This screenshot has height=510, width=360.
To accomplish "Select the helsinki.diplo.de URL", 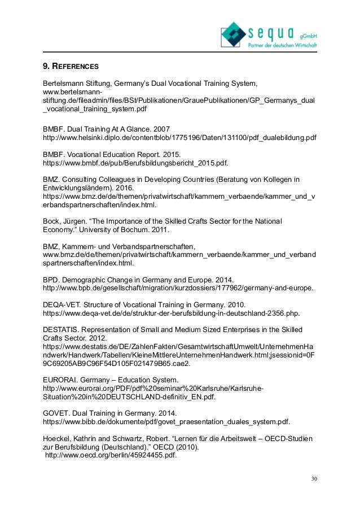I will tap(179, 137).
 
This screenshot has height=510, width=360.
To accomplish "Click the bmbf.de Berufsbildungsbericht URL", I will tap(136, 163).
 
